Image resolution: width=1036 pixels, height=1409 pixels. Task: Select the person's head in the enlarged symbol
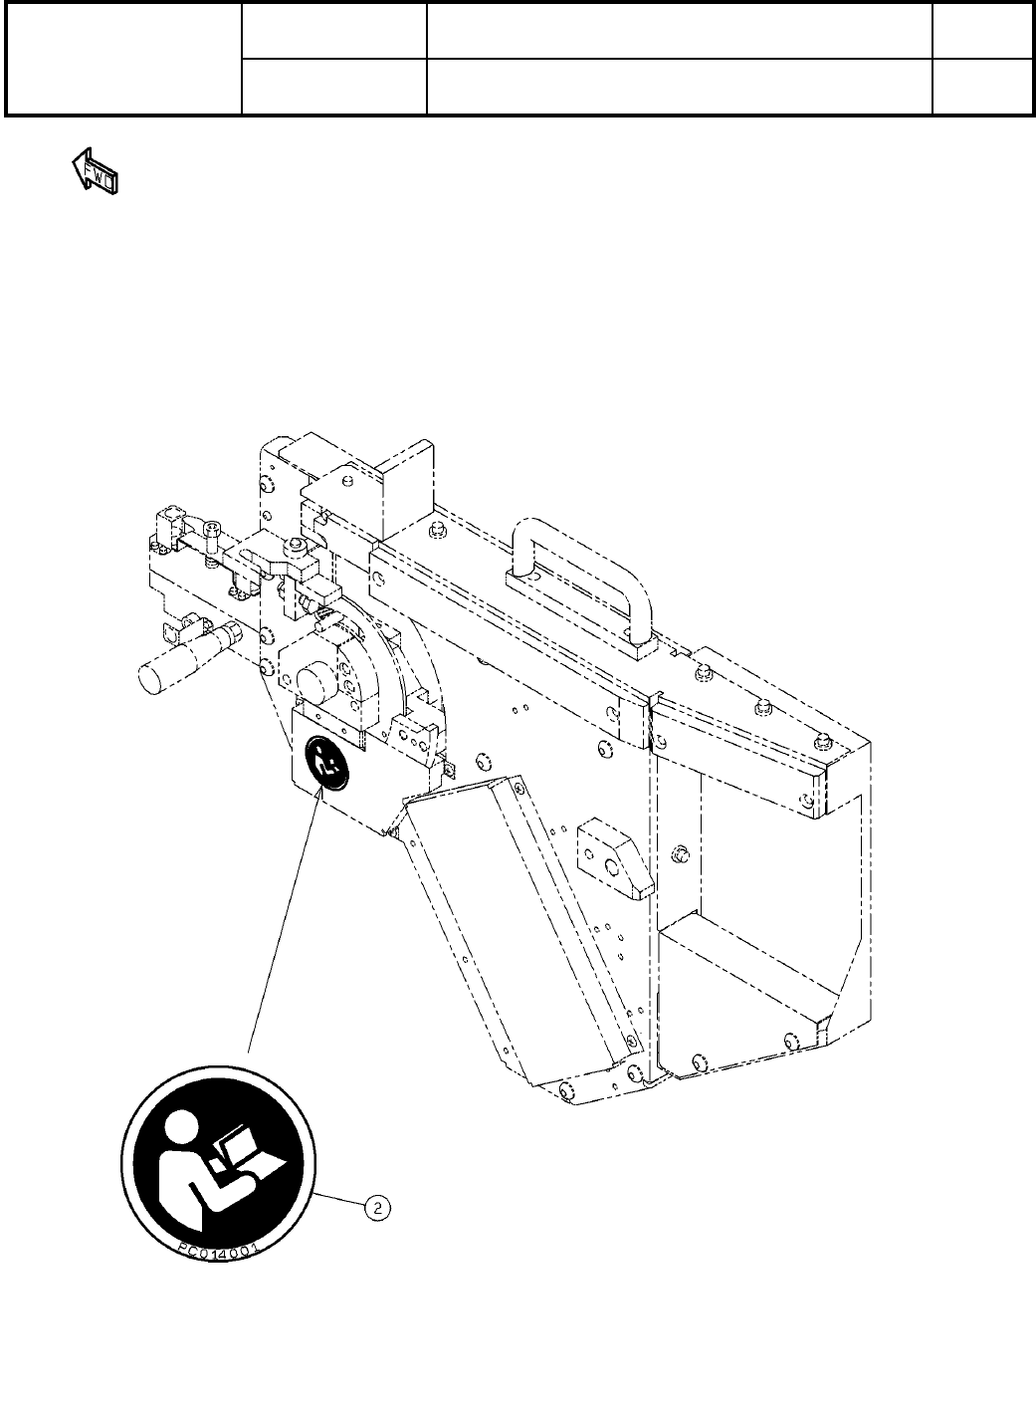(179, 1132)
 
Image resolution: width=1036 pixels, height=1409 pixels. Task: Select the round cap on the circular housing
(315, 685)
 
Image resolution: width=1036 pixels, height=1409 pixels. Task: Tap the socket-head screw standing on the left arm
(212, 535)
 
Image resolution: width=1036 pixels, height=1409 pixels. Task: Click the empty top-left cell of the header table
(123, 58)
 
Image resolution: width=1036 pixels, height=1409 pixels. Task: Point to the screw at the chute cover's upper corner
(394, 829)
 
